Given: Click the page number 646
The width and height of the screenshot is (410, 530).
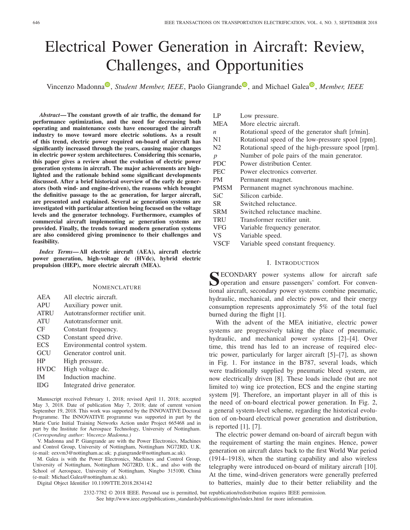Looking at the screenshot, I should point(36,23).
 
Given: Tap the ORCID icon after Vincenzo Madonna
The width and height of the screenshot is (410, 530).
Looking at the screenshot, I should point(107,85).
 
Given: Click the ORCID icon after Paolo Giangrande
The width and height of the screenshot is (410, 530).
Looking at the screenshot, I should point(245,85).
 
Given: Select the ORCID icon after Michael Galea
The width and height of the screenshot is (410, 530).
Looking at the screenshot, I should point(312,85).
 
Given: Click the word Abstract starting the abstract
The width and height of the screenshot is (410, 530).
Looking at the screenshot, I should point(50,115).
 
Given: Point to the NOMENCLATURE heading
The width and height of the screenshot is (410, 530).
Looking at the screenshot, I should point(117,287).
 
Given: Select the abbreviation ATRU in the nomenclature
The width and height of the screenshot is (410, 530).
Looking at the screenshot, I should point(45,313).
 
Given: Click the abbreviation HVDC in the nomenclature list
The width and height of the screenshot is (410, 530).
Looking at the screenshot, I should point(46,369).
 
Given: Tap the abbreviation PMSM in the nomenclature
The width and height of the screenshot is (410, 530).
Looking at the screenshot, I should point(222,188).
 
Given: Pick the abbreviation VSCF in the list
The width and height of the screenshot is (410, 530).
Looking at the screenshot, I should point(221,244).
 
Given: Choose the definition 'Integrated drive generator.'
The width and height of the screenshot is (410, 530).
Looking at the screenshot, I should point(99,385).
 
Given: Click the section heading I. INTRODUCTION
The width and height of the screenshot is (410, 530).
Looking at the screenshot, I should point(293,263).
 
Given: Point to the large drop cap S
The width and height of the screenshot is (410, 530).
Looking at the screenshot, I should point(214,279).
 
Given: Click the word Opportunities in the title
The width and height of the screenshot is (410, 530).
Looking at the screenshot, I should point(259,65).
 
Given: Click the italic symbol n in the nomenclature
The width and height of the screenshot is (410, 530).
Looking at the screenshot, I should point(214,132).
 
